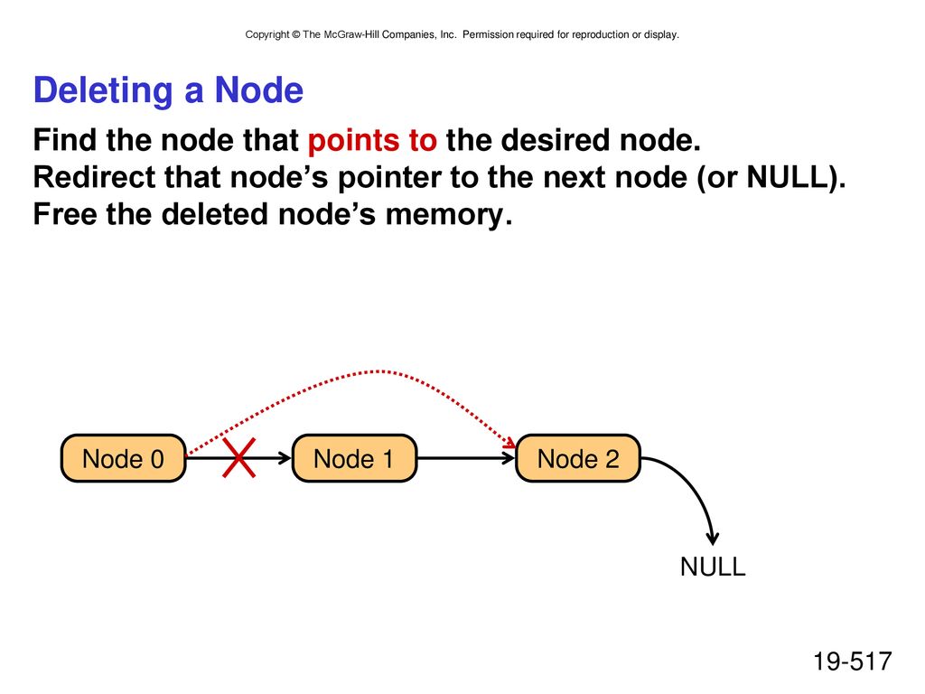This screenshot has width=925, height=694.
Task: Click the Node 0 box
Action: point(123,458)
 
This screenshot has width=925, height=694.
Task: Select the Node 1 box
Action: point(354,458)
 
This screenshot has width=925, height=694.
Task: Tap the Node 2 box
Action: point(578,458)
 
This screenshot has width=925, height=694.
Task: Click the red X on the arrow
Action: point(238,457)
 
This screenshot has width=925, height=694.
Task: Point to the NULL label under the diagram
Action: point(713,567)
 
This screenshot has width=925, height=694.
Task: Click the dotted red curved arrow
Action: point(371,371)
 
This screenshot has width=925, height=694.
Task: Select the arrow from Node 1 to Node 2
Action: point(466,458)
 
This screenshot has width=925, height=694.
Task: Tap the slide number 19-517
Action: point(853,661)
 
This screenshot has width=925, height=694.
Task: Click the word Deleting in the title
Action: point(103,91)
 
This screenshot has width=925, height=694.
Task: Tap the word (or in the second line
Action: point(717,178)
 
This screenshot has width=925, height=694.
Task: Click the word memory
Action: point(448,215)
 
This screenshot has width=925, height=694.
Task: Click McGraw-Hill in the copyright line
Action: point(351,34)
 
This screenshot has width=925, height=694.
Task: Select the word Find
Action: point(64,140)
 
